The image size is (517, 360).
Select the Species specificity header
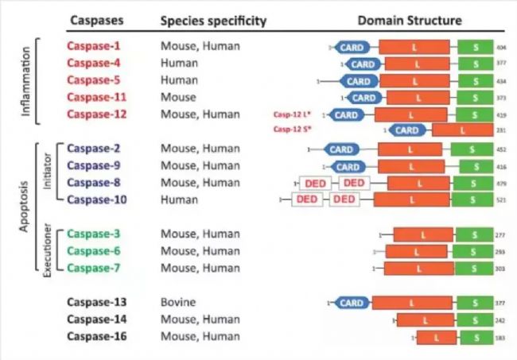tap(213, 19)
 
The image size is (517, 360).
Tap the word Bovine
tap(178, 303)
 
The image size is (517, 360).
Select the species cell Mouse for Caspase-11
tap(178, 97)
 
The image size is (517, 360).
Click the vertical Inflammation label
tap(26, 82)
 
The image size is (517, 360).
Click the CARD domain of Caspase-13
tap(351, 303)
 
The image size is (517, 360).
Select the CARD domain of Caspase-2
tap(341, 149)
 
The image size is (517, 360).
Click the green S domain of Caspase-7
tap(474, 268)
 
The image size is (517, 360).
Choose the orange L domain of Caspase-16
tap(436, 337)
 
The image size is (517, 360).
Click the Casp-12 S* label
tap(288, 129)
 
